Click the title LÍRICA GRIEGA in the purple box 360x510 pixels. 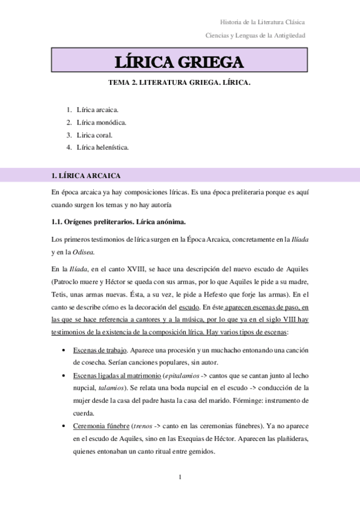click(180, 63)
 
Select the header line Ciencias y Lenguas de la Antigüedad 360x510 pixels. click(255, 35)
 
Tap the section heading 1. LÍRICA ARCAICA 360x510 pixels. click(87, 176)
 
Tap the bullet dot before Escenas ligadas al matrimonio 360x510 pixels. click(63, 376)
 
